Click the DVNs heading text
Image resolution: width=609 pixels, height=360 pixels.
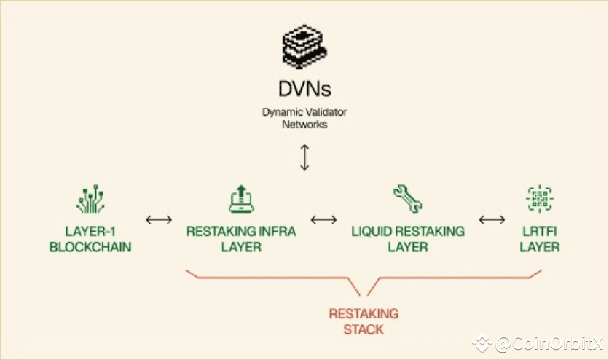304,89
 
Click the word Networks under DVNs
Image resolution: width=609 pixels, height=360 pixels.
304,125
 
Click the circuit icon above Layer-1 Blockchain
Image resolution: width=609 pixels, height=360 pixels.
90,199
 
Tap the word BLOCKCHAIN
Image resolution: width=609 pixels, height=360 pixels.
90,247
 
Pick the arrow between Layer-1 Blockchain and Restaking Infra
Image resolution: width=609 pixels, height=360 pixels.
159,219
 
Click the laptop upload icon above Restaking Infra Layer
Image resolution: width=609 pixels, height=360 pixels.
241,199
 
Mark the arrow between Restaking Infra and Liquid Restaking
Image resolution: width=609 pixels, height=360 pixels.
324,219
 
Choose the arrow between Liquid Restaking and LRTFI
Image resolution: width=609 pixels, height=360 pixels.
492,219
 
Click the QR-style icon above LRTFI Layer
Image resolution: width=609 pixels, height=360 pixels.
540,199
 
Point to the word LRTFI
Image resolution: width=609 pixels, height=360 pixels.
540,232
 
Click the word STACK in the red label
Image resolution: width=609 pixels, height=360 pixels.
364,329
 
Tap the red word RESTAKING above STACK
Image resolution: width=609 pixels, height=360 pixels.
364,314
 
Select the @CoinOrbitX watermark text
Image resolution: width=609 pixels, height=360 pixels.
543,343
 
